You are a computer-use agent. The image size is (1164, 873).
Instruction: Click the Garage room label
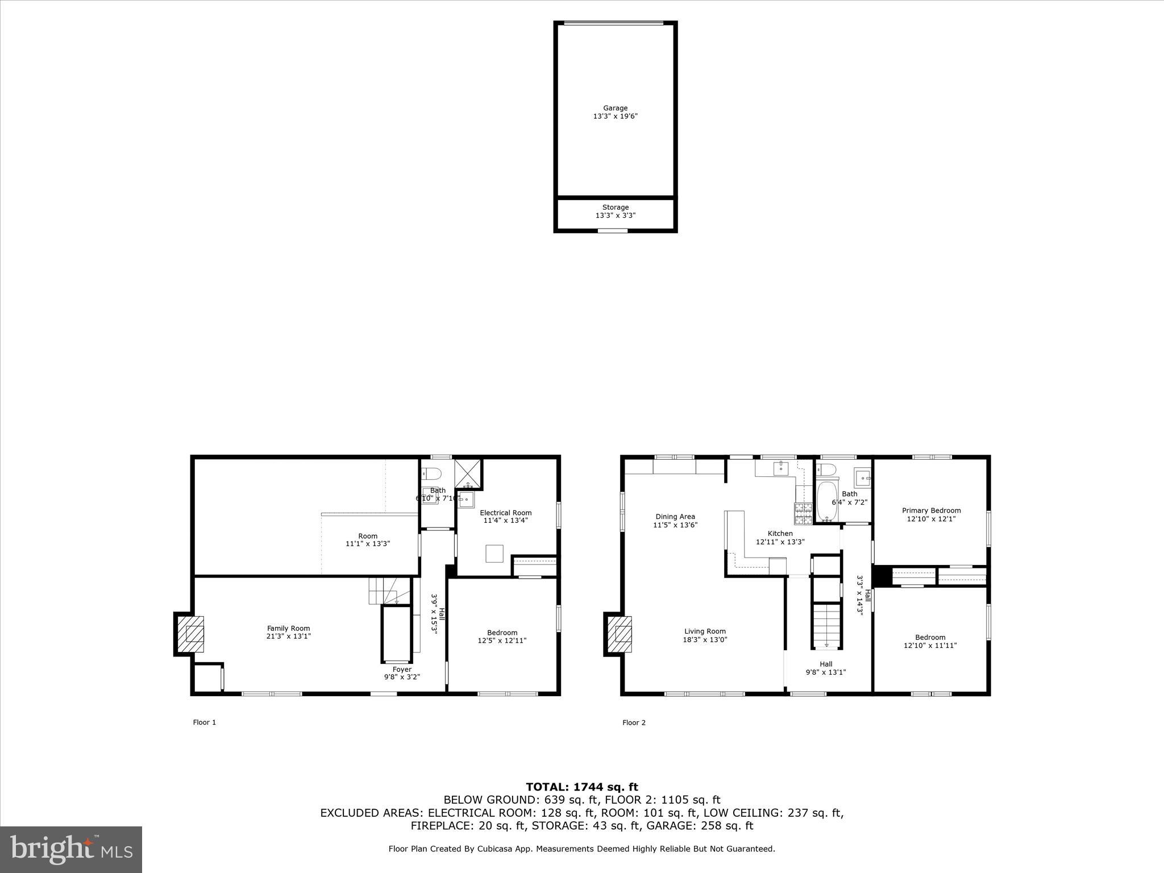[x=615, y=108]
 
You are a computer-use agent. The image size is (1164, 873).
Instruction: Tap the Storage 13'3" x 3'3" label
[x=615, y=211]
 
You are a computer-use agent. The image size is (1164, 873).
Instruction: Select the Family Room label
[x=289, y=628]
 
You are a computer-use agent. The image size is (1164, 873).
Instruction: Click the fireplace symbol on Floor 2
[x=620, y=634]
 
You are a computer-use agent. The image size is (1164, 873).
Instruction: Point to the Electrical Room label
[x=505, y=513]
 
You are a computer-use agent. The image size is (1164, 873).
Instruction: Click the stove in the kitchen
[x=804, y=513]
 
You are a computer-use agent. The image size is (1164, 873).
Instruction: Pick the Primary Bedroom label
[x=931, y=510]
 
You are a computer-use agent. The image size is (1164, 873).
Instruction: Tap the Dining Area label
[x=675, y=517]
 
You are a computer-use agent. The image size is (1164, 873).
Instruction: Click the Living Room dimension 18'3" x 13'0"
[x=705, y=639]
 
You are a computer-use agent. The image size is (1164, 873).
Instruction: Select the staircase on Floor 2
[x=826, y=625]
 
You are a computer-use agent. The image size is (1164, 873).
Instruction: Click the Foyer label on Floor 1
[x=402, y=669]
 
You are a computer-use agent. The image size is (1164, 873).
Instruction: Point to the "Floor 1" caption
[x=205, y=722]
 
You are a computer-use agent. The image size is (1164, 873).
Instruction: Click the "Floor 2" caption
[x=634, y=722]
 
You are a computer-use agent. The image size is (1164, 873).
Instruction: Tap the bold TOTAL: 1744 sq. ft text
[x=581, y=787]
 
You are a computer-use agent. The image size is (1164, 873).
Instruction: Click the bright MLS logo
[x=71, y=849]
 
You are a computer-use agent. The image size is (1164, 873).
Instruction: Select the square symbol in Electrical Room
[x=494, y=554]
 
